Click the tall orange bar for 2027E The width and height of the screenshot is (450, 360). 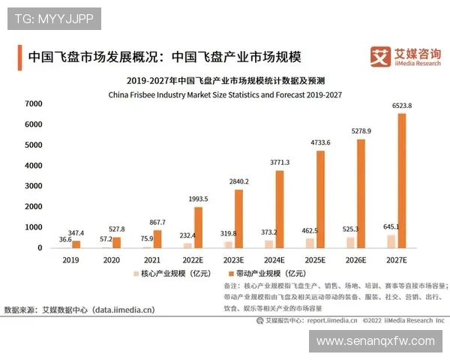[x=402, y=180]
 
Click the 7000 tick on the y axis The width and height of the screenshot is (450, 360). [x=33, y=103]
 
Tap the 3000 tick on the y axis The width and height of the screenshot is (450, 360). [x=33, y=186]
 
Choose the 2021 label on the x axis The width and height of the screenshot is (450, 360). [x=152, y=259]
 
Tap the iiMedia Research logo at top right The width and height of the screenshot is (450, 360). [x=405, y=57]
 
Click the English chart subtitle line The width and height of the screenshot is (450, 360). [x=225, y=95]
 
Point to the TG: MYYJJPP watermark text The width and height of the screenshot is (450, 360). [x=54, y=19]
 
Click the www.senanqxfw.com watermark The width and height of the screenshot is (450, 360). [x=375, y=341]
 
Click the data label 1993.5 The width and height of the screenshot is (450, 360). [x=196, y=198]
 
